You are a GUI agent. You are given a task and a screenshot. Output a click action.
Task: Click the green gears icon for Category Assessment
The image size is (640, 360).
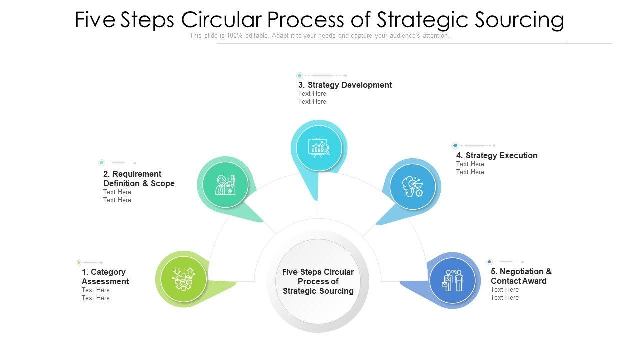pos(183,279)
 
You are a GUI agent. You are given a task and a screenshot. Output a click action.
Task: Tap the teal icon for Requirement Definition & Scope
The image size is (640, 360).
pos(225,184)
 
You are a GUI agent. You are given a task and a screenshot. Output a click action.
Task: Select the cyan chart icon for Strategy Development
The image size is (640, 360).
pos(318,148)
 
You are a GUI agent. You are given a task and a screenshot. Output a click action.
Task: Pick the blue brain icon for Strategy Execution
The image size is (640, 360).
pos(412,187)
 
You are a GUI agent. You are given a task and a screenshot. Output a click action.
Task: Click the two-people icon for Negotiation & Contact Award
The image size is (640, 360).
pos(452,280)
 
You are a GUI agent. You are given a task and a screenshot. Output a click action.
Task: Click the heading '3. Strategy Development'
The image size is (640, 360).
pos(345,85)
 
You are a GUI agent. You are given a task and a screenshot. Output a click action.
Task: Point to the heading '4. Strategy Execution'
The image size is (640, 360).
pos(497,155)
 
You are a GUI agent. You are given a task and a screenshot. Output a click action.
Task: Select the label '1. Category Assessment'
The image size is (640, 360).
pos(105,277)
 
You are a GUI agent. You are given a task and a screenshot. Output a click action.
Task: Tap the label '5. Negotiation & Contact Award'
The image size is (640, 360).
pos(521,276)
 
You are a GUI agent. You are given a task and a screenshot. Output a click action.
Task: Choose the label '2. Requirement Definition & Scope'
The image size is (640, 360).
pos(139,179)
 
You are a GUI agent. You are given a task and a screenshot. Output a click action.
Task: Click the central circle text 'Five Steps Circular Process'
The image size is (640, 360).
pos(318,281)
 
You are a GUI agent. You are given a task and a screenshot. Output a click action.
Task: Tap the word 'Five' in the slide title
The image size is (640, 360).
pos(95,20)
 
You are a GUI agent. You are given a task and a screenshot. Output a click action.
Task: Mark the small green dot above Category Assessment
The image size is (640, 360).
pos(79,262)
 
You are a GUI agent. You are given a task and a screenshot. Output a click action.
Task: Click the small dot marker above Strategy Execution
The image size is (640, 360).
pos(455,146)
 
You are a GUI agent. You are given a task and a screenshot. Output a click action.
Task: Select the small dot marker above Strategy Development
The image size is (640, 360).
pos(299,76)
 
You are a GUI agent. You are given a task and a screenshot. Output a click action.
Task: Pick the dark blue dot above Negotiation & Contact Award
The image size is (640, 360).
pos(489,262)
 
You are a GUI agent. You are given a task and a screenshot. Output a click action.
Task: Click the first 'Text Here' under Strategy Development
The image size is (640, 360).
pos(312,94)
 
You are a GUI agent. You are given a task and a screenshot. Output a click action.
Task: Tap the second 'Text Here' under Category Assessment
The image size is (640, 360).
pos(96,298)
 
